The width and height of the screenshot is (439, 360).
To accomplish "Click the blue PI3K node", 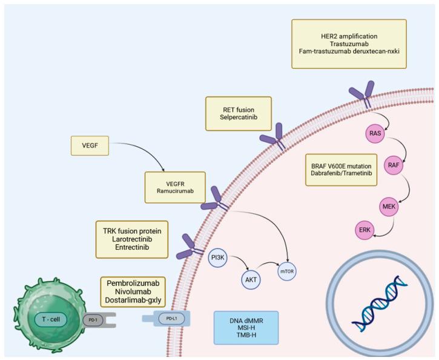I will point(217,258).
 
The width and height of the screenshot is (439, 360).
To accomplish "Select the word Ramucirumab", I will point(175,192).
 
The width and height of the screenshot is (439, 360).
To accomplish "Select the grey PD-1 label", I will point(93,319).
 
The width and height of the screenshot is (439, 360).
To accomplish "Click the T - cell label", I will point(53,319).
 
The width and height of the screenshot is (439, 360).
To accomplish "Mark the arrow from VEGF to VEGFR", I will point(139,152).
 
